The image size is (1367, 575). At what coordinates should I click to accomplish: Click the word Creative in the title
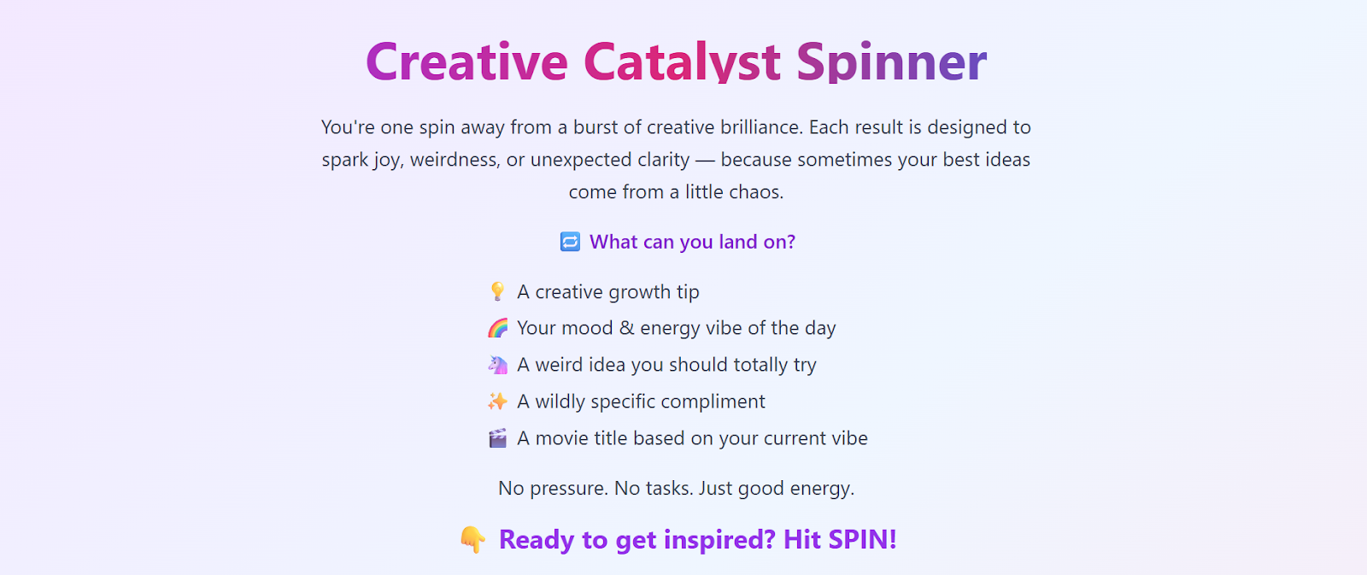tap(466, 61)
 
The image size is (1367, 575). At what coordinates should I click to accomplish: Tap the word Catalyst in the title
tap(683, 61)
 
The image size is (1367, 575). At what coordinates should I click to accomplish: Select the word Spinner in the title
tap(892, 61)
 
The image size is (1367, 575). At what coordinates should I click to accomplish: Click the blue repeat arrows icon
tap(570, 242)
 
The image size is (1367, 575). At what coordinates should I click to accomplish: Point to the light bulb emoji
tap(497, 291)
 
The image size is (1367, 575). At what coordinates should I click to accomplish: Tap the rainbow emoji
tap(497, 328)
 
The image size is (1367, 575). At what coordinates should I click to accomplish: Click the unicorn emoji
tap(497, 365)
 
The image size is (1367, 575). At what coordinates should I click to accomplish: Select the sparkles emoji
tap(497, 401)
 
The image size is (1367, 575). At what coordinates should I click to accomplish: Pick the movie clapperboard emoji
tap(497, 437)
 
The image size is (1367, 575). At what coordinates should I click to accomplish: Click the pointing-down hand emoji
tap(473, 540)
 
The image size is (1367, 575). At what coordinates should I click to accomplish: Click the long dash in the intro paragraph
tap(705, 160)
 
